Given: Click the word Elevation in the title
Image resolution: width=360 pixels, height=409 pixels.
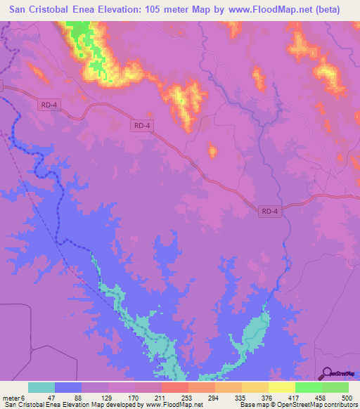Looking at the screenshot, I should click(121, 10).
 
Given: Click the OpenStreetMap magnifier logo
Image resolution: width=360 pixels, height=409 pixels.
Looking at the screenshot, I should click(325, 373).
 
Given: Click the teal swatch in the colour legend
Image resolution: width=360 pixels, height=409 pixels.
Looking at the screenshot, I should click(41, 387).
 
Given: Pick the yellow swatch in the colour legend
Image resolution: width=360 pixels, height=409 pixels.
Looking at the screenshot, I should click(282, 387).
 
